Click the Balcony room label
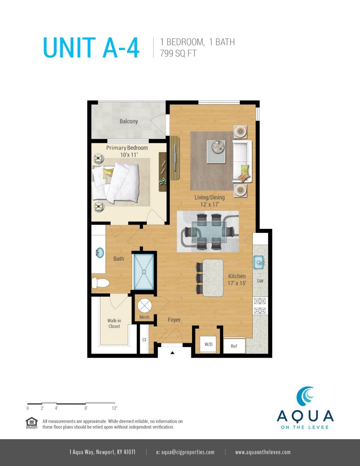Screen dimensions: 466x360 pos(128,121)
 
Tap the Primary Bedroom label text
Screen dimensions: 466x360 pos(127,148)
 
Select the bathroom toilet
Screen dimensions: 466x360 pos(100,283)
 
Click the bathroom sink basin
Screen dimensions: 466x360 pos(100,253)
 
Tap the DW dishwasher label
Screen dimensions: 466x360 pos(260,281)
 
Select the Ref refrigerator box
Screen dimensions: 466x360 pos(234,346)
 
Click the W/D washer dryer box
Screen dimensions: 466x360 pos(209,344)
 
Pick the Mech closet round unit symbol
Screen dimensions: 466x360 pos(144,306)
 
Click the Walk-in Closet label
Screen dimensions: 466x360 pos(114,323)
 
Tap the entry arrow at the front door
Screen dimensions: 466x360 pos(172,352)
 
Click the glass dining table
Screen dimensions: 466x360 pos(209,232)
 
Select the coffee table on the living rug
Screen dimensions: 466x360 pos(216,152)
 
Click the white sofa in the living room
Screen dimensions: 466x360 pos(242,161)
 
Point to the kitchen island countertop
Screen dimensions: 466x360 pos(213,278)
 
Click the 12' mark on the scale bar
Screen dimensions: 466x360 pos(114,408)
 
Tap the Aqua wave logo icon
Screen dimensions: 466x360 pos(305,396)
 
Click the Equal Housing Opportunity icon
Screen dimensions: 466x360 pos(32,423)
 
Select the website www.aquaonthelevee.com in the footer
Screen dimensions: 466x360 pos(263,452)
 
